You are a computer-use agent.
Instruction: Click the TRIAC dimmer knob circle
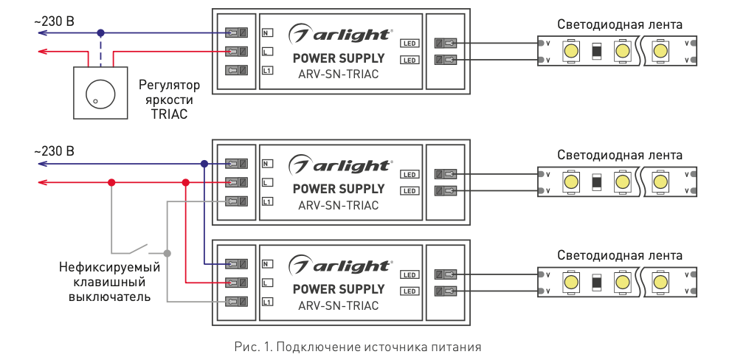[96, 92]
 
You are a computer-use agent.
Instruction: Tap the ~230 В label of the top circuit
[54, 21]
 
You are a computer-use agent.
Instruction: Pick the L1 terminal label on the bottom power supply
[267, 302]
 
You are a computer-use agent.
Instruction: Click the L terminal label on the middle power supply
[267, 182]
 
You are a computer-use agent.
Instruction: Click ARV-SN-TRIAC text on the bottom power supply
[339, 305]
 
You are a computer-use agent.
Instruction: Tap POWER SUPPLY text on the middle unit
[339, 189]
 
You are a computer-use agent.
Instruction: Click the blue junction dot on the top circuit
[101, 33]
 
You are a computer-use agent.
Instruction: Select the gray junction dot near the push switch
[167, 253]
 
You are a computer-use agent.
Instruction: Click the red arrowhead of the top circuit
[42, 52]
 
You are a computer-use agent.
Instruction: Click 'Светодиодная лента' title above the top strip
[619, 24]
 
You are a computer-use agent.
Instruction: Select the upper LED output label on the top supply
[410, 43]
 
